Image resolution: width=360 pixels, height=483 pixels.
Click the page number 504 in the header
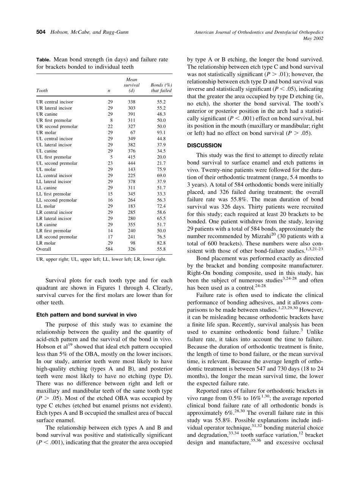click(41, 32)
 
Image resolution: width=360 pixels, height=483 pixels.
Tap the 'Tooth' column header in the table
click(42, 91)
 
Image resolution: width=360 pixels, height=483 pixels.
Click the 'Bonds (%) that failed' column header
click(161, 88)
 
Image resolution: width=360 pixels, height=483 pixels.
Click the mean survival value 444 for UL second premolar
click(132, 163)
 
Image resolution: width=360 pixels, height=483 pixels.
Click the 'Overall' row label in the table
click(44, 249)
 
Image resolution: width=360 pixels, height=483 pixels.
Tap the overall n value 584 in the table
click(109, 249)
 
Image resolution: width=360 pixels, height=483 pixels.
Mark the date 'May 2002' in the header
click(313, 38)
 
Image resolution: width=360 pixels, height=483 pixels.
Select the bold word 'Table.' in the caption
click(44, 60)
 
